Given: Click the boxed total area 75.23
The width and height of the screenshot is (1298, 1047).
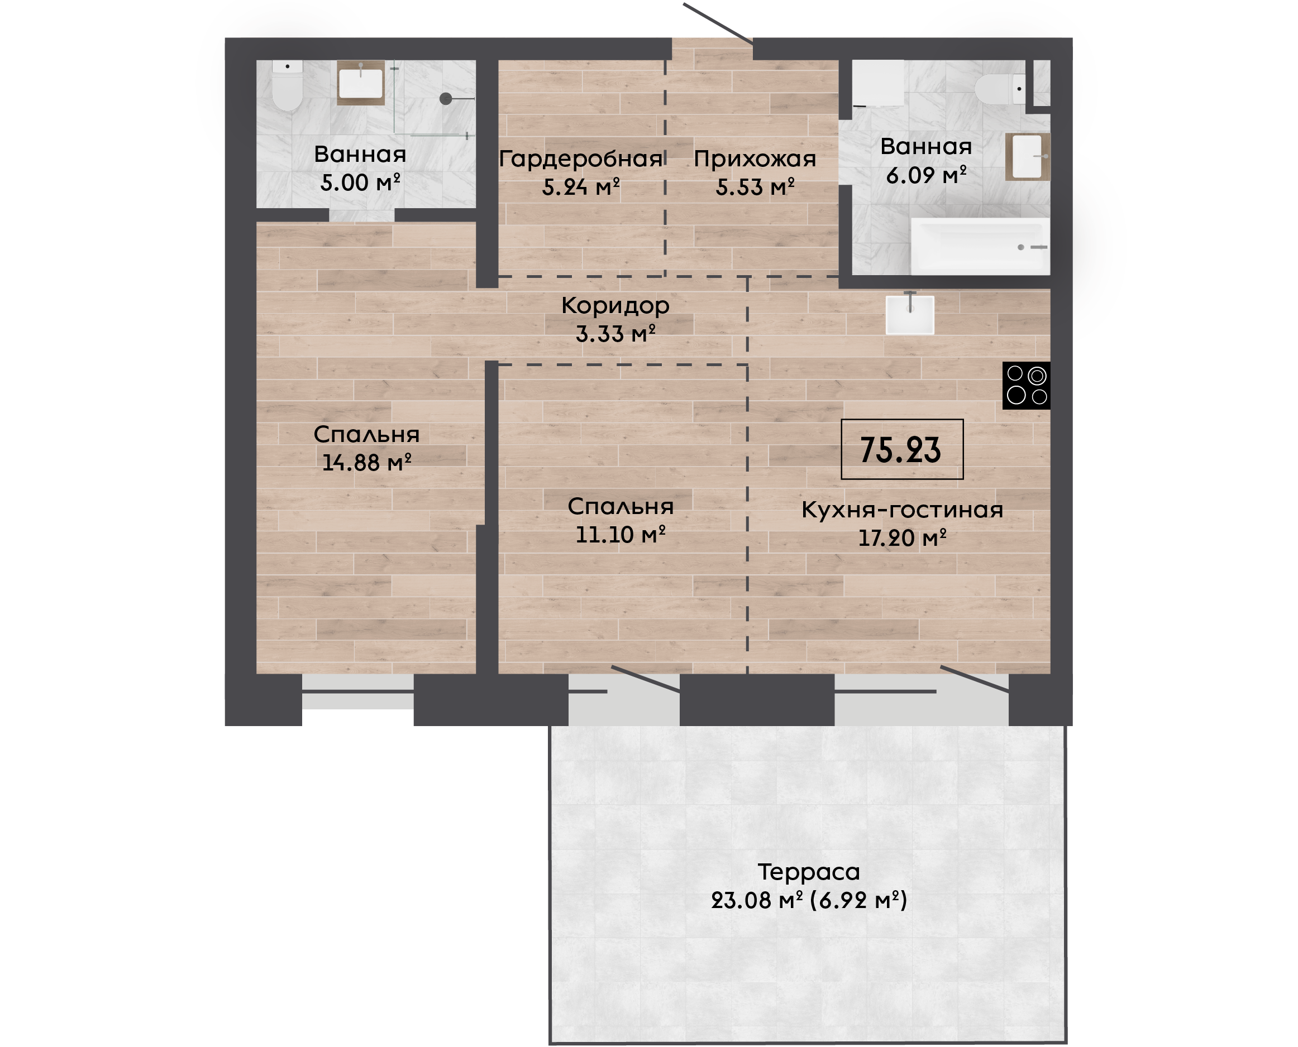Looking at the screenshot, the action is [902, 449].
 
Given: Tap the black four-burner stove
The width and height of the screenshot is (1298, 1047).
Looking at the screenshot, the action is [1027, 386].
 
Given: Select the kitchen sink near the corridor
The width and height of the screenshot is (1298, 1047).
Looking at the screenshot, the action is [910, 314].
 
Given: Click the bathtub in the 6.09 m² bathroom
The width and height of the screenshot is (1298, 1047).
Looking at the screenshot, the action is [980, 246].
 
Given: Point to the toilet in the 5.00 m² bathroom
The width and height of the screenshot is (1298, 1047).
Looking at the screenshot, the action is [287, 85].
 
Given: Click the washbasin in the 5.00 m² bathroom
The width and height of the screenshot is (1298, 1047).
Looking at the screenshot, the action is [361, 83].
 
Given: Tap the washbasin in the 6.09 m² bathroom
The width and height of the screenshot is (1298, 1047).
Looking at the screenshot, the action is [1028, 157].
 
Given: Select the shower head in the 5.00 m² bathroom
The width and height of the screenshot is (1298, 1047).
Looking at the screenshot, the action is [446, 98].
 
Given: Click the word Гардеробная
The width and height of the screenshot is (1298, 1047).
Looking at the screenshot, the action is [581, 159].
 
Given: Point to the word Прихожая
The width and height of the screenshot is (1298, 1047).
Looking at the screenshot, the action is [755, 159].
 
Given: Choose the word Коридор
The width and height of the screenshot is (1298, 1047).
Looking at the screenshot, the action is [615, 306].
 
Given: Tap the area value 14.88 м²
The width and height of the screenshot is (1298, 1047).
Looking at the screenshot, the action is [367, 463].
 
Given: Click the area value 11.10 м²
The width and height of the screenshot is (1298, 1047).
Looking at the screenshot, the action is [621, 534].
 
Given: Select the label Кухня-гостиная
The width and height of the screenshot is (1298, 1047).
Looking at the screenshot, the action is [902, 510].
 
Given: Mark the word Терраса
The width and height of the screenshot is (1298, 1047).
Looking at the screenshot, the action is [809, 872].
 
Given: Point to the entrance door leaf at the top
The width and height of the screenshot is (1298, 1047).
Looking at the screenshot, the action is [718, 23].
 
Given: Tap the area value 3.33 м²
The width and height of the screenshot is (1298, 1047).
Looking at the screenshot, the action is [615, 334].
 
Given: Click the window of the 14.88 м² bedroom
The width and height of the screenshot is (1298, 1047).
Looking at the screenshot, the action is [358, 691].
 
